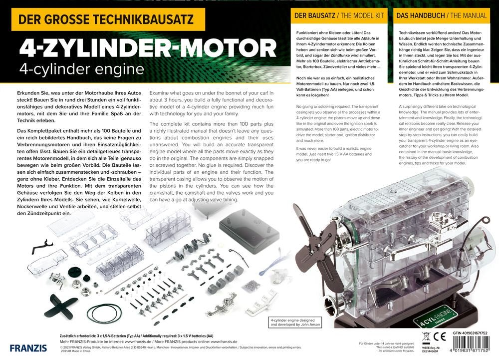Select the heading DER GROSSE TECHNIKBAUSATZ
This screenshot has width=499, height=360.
108,20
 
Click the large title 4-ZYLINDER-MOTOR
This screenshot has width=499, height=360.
147,48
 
